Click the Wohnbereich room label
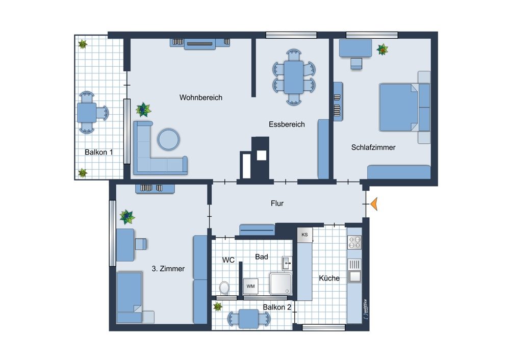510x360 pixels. click(x=200, y=97)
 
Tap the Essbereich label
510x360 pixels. click(x=287, y=124)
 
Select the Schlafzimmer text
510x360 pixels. click(x=373, y=147)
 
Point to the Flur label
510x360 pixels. click(x=277, y=203)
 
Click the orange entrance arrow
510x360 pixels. click(x=374, y=204)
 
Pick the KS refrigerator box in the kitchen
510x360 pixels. click(x=305, y=235)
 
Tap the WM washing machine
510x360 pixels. click(x=250, y=286)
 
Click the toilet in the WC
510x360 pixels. click(x=224, y=288)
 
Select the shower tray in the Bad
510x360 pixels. click(x=280, y=284)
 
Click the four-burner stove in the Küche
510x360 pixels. click(x=354, y=242)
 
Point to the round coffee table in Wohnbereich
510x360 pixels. click(x=168, y=140)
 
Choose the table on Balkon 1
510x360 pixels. click(x=87, y=113)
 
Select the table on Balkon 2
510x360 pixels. click(x=248, y=319)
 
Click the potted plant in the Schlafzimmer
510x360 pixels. click(x=382, y=50)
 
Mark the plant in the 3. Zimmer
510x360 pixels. click(x=127, y=217)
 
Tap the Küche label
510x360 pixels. click(x=329, y=278)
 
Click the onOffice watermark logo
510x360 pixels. click(x=366, y=309)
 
